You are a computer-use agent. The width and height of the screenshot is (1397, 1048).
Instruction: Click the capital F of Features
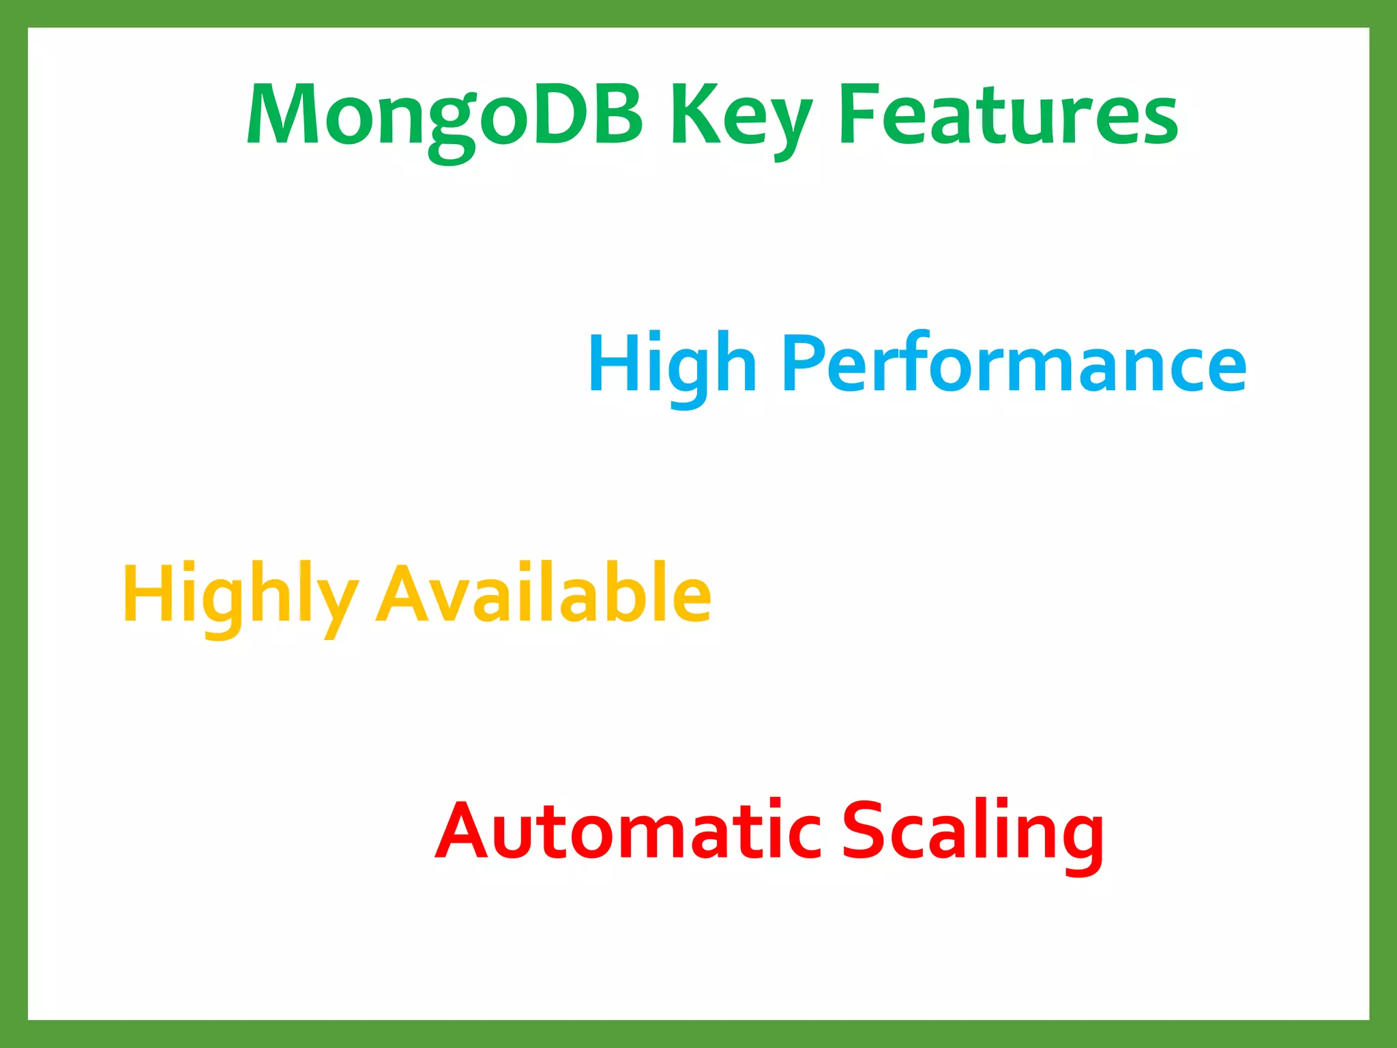(859, 115)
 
